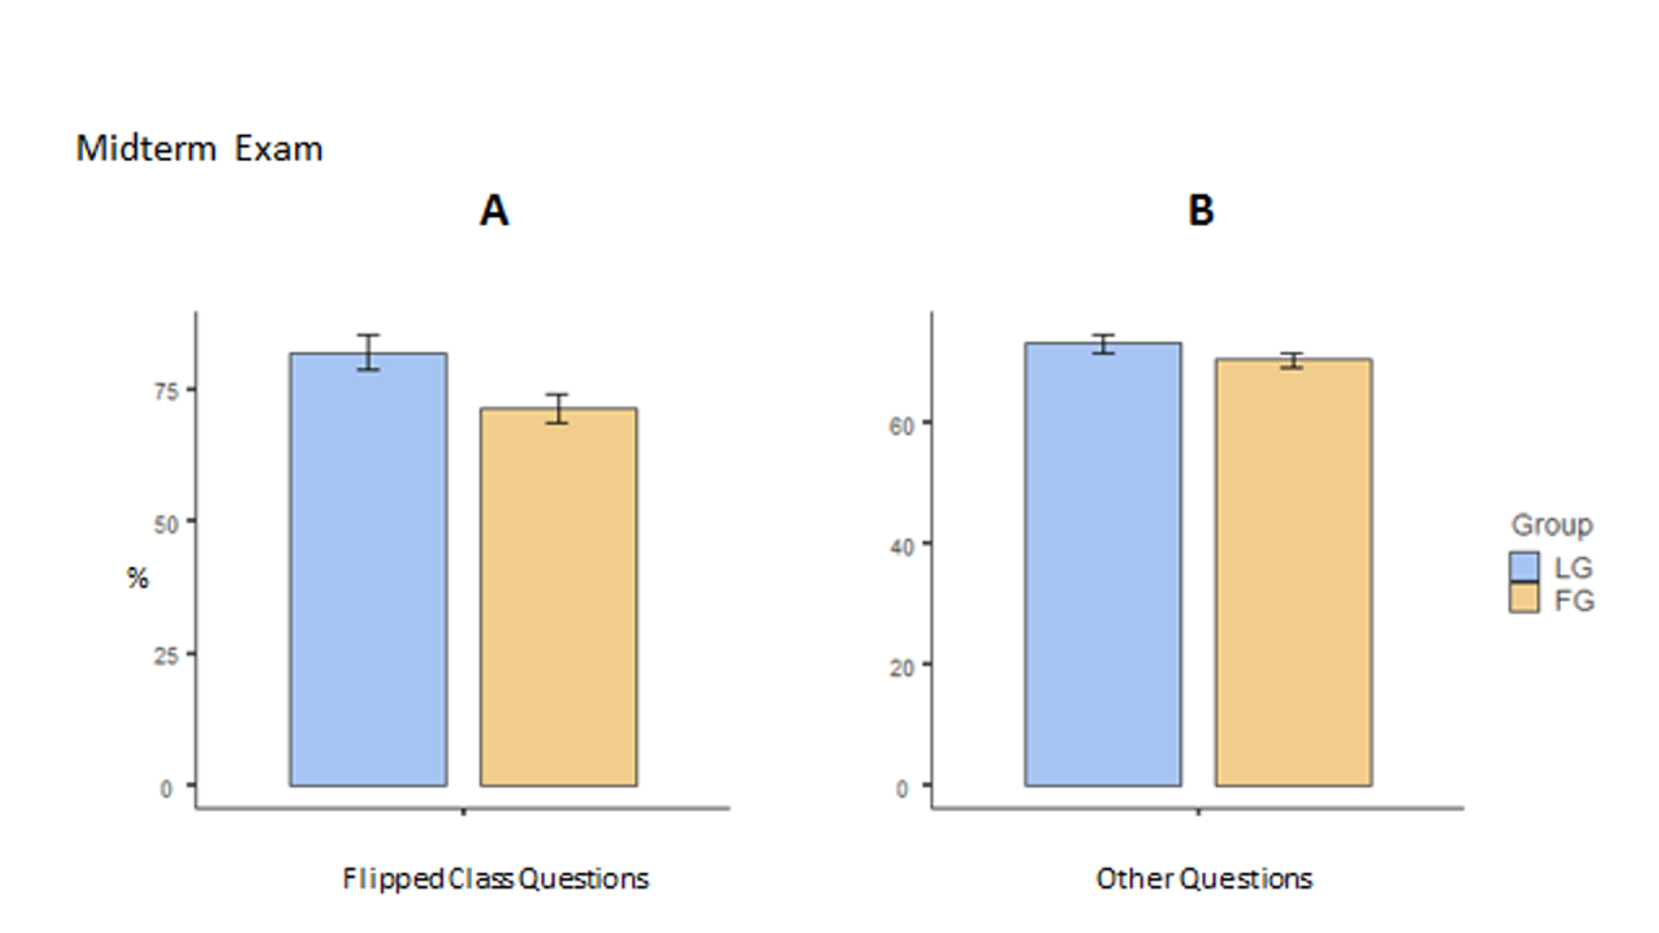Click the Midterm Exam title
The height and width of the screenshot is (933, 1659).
pyautogui.click(x=199, y=149)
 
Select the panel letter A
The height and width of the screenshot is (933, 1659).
pyautogui.click(x=494, y=211)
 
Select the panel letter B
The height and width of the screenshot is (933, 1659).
pyautogui.click(x=1200, y=211)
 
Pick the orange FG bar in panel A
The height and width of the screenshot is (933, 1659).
pyautogui.click(x=558, y=597)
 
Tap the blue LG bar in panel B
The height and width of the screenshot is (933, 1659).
pyautogui.click(x=1102, y=564)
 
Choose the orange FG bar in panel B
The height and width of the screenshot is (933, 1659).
pyautogui.click(x=1293, y=572)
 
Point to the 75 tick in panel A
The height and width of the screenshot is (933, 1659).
pyautogui.click(x=167, y=391)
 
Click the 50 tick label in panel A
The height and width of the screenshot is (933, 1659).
pyautogui.click(x=167, y=524)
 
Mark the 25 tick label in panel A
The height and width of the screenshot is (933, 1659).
pyautogui.click(x=167, y=656)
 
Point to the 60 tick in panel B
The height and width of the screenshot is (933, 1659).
pyautogui.click(x=902, y=425)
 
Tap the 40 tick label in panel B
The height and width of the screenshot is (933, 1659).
pyautogui.click(x=902, y=547)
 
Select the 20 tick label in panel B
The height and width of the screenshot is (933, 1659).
pyautogui.click(x=902, y=668)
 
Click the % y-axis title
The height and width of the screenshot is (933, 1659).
pyautogui.click(x=138, y=578)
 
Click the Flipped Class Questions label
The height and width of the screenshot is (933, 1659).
pyautogui.click(x=495, y=878)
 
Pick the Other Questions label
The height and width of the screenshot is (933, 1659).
pyautogui.click(x=1204, y=878)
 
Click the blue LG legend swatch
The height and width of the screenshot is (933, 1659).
pyautogui.click(x=1524, y=567)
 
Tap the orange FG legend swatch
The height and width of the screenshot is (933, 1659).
pyautogui.click(x=1524, y=598)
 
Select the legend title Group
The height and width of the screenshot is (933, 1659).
pyautogui.click(x=1551, y=525)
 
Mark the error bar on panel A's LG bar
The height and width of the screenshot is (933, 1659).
pyautogui.click(x=368, y=352)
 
